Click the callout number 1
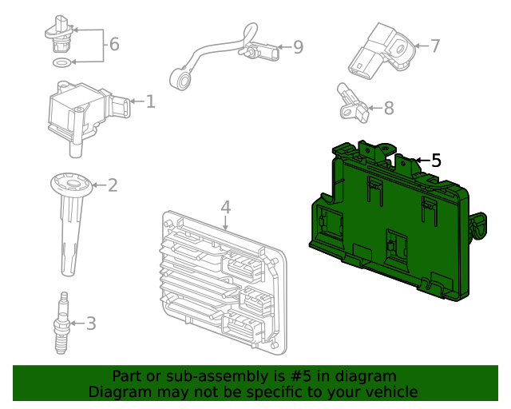click(x=150, y=101)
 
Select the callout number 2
click(x=113, y=185)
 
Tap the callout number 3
click(x=91, y=324)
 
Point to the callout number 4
click(x=226, y=208)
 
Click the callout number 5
click(x=435, y=161)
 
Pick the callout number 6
click(x=114, y=44)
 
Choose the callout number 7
click(x=435, y=46)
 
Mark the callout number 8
click(x=389, y=107)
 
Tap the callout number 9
click(x=298, y=48)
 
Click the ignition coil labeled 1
click(x=80, y=112)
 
